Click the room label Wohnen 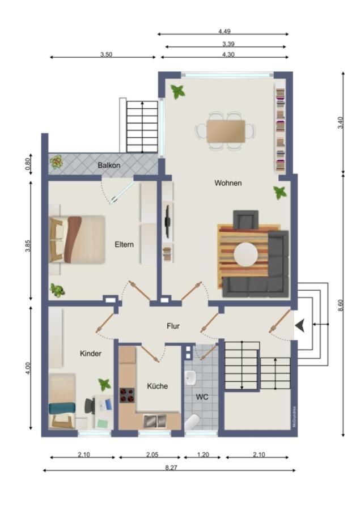(228, 183)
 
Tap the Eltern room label (124, 245)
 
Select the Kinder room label (91, 354)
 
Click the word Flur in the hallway (173, 326)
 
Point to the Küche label (158, 386)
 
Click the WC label (202, 397)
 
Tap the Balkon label (109, 165)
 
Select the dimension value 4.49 (224, 32)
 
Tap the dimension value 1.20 (202, 454)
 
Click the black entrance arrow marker (300, 325)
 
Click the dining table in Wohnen (226, 131)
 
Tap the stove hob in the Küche (127, 394)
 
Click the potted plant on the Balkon (57, 163)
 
